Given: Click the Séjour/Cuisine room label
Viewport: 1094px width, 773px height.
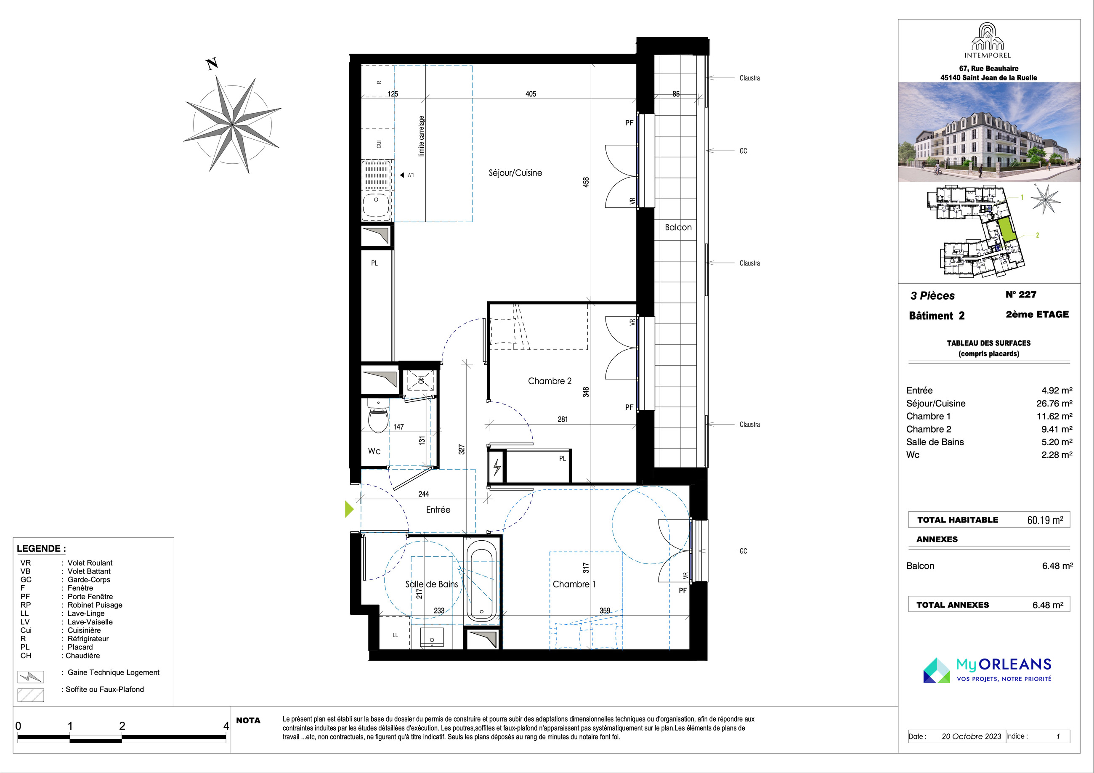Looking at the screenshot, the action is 515,173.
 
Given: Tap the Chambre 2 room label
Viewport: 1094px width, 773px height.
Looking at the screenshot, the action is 550,381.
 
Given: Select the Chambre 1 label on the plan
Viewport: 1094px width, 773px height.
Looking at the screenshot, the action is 574,584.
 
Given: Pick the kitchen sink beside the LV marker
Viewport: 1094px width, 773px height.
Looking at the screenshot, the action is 377,191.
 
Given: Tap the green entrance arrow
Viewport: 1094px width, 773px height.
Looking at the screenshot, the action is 349,509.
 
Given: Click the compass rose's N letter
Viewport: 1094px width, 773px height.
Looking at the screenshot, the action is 212,64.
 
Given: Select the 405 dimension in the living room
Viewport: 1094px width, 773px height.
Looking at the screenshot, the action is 531,94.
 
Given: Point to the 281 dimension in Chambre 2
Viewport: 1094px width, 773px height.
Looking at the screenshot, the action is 563,420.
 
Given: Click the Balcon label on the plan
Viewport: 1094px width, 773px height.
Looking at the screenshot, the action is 678,227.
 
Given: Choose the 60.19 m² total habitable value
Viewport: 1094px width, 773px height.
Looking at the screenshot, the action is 1045,520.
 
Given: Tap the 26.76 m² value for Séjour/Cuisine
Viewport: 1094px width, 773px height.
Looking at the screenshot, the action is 1054,403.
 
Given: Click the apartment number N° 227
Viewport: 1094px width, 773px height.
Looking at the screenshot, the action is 1021,295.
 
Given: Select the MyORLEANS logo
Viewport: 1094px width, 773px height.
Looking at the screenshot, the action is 987,670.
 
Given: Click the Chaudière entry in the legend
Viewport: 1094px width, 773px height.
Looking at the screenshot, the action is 83,656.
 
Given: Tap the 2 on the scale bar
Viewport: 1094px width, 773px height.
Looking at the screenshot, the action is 122,726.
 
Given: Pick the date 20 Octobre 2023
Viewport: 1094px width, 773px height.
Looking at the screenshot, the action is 972,736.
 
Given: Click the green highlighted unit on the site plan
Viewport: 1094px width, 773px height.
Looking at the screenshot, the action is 1007,229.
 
